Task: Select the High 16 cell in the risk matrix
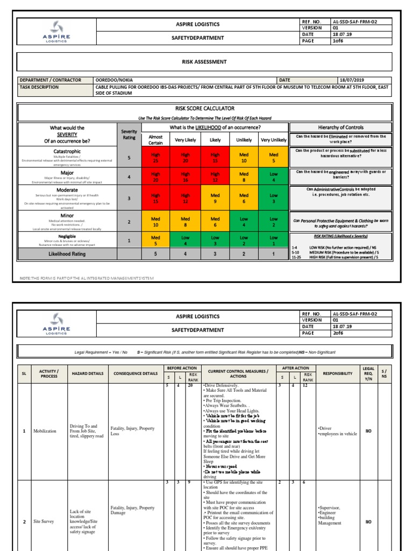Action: tap(186, 178)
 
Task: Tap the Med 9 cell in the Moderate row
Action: tap(215, 199)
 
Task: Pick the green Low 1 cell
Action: tap(273, 241)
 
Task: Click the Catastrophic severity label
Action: tap(67, 152)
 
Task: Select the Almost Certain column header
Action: tap(155, 140)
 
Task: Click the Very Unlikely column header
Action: tap(273, 140)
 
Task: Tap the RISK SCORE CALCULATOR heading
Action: tap(206, 109)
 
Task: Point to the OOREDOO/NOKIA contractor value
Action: tap(114, 80)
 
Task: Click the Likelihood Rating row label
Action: tap(67, 253)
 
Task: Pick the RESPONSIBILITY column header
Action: tap(338, 373)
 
